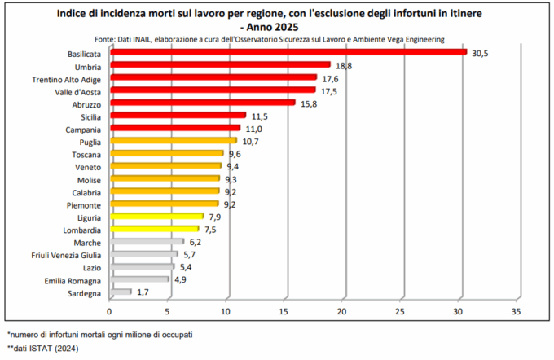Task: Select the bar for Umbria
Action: [219, 65]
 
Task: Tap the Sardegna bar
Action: [120, 292]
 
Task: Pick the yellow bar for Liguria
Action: [156, 217]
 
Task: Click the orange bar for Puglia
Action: [172, 141]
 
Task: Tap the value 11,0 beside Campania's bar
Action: [253, 129]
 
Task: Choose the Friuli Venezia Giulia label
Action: [64, 254]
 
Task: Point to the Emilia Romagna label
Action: [73, 279]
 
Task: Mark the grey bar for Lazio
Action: [141, 267]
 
